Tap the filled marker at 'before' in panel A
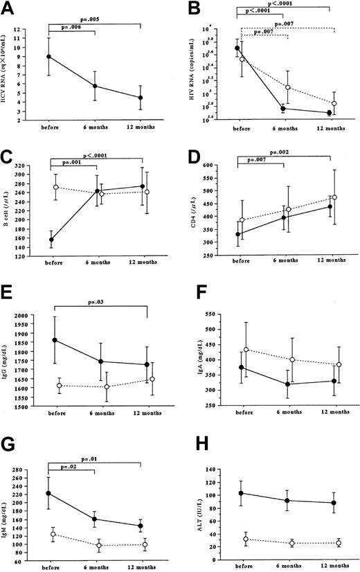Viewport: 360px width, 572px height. click(x=48, y=57)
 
